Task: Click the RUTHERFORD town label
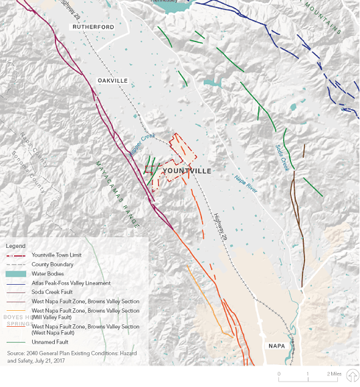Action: [94, 27]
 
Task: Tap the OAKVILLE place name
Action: [112, 80]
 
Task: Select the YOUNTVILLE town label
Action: [187, 172]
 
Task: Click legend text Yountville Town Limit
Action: [58, 255]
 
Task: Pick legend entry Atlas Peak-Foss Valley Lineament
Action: [71, 283]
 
